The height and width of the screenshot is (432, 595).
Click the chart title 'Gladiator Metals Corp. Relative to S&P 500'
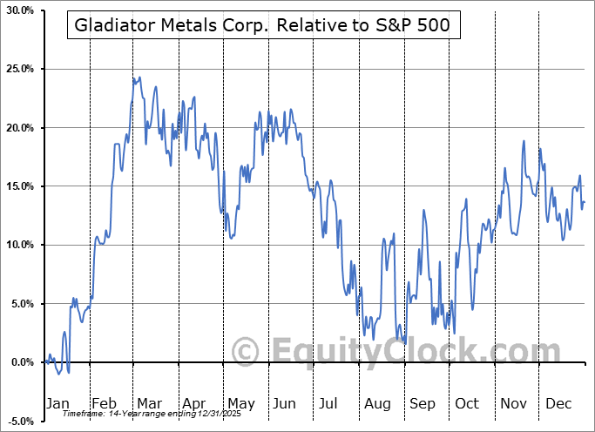(x=262, y=25)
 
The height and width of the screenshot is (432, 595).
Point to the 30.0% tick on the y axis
(x=19, y=10)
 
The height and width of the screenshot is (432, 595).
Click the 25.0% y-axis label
(x=19, y=69)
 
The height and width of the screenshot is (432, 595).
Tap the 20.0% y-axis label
(x=19, y=128)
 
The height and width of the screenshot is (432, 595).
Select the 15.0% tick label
(x=19, y=186)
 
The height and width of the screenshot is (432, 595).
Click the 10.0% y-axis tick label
(x=19, y=245)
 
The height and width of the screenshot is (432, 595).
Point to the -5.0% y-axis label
(x=19, y=421)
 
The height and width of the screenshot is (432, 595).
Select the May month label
(x=241, y=403)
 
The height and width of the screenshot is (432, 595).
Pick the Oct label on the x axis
(x=467, y=403)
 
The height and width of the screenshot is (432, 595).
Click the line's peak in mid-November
(x=524, y=140)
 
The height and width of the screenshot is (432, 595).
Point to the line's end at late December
(x=584, y=202)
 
